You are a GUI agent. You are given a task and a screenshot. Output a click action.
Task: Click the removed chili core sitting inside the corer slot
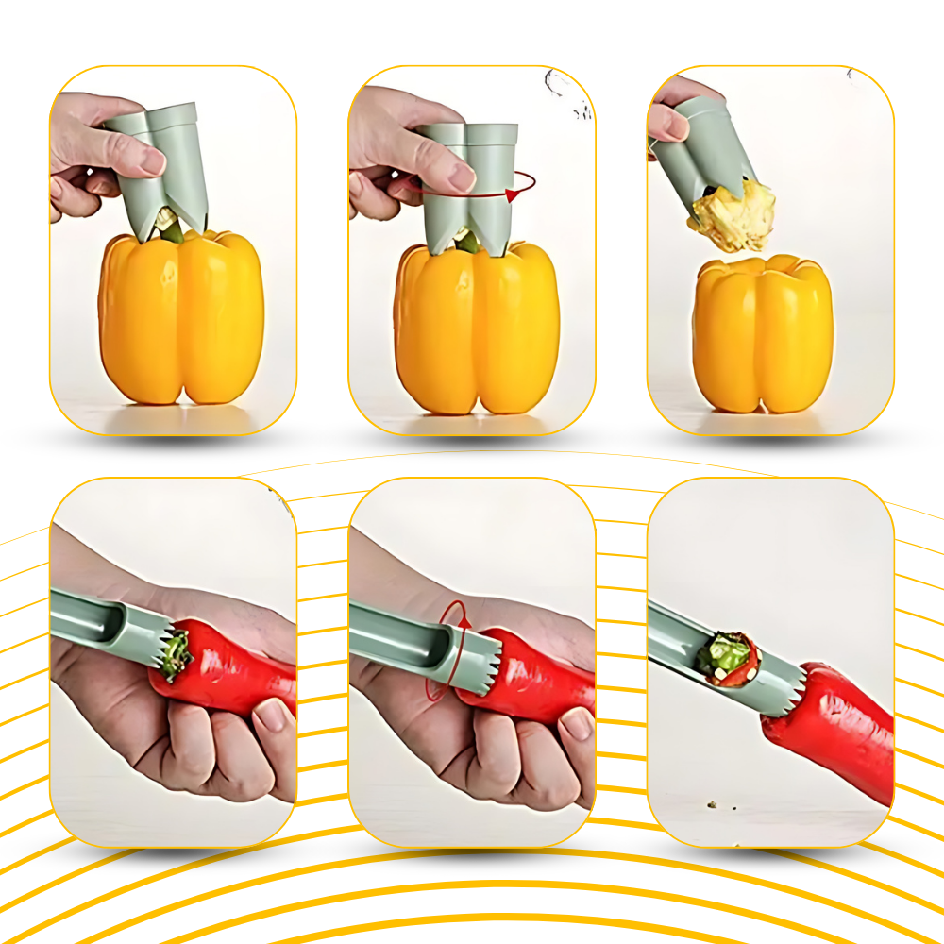728,656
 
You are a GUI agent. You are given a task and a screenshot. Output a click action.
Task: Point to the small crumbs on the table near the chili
710,803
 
